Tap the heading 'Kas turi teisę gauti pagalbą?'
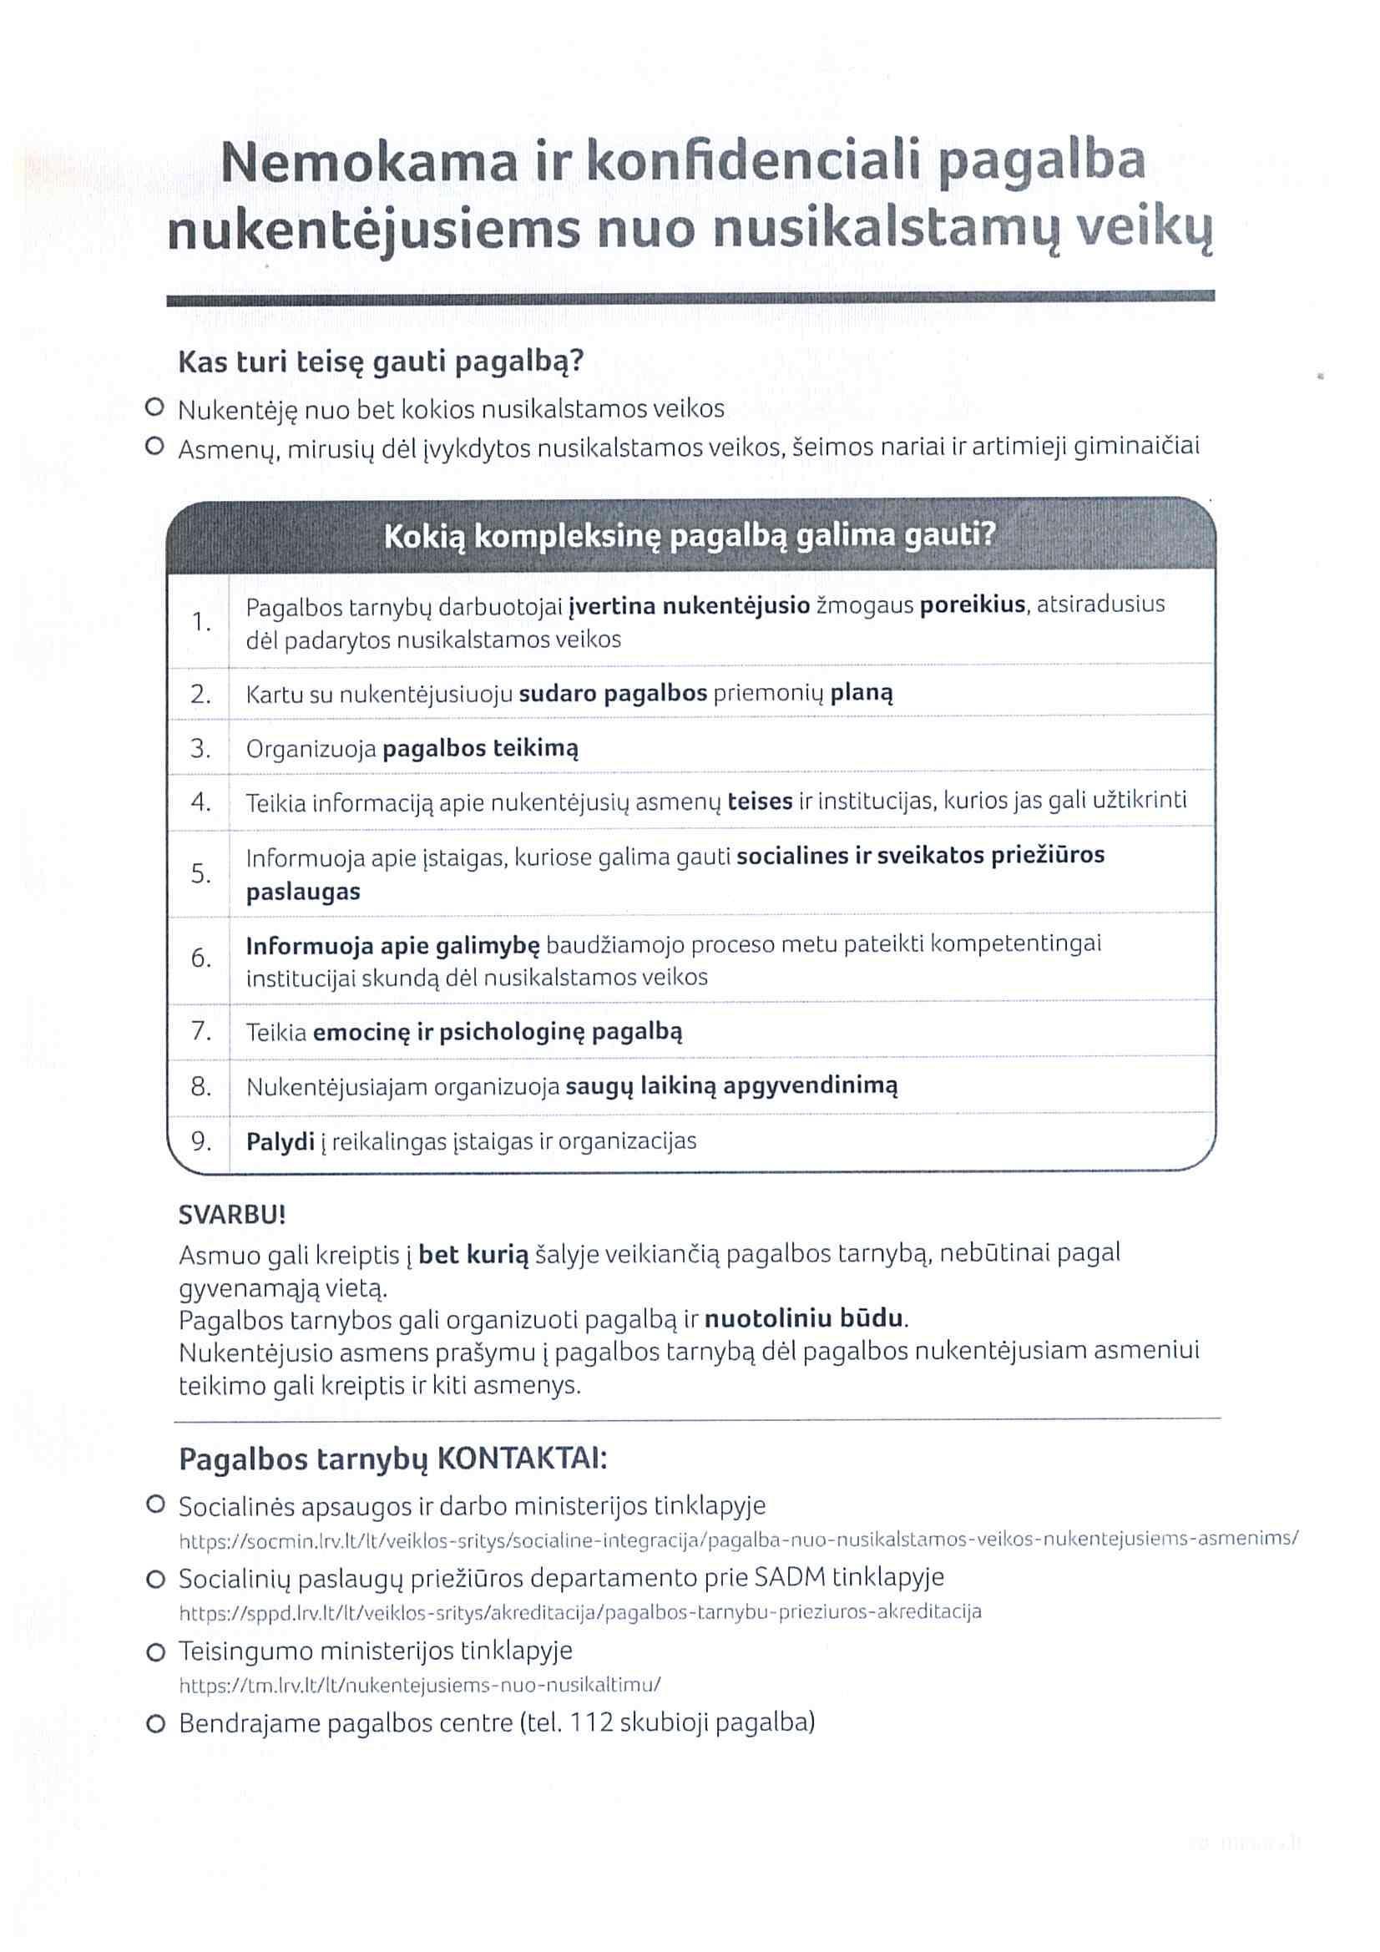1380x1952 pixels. (x=380, y=362)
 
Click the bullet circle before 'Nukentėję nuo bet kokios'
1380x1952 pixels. (x=154, y=407)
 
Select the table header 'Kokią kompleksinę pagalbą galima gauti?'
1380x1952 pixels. (x=690, y=537)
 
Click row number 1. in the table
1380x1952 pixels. (x=200, y=622)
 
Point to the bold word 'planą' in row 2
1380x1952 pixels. (x=862, y=693)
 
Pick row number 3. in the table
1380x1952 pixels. (x=200, y=748)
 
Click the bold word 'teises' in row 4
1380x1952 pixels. (x=761, y=801)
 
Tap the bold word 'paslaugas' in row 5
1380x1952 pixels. (x=303, y=892)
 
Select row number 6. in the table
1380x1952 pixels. (x=200, y=958)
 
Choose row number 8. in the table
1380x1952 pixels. (x=200, y=1086)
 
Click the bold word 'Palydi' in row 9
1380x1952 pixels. (x=280, y=1141)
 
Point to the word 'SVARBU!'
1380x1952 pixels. (x=232, y=1215)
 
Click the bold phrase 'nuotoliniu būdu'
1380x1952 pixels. (x=803, y=1318)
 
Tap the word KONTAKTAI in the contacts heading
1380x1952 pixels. (x=521, y=1459)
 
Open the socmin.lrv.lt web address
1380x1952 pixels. (x=738, y=1538)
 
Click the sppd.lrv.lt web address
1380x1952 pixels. (x=580, y=1611)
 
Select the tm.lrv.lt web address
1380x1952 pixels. (x=420, y=1684)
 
